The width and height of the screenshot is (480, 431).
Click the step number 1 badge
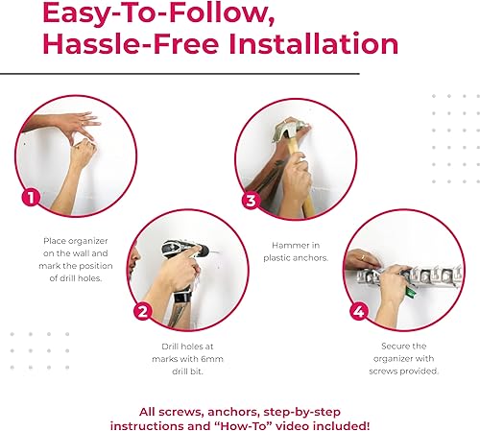coord(31,198)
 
